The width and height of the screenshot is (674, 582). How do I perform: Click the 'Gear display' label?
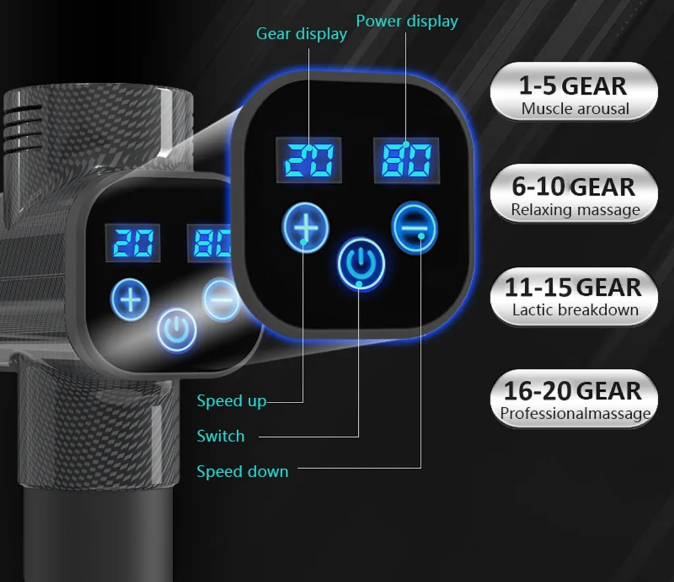tap(301, 34)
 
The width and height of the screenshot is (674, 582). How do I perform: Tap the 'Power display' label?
tap(407, 22)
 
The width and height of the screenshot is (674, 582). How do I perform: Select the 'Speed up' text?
tap(231, 400)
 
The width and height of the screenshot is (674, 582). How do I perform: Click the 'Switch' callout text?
tap(220, 436)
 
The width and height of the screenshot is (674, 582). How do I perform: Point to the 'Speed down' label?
tap(242, 472)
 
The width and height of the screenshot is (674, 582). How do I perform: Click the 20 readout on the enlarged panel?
tap(309, 160)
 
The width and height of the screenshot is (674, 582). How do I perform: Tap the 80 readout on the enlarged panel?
tap(406, 160)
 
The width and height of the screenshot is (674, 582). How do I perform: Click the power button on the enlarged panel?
tap(361, 264)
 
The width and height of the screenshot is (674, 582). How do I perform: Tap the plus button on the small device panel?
tap(130, 299)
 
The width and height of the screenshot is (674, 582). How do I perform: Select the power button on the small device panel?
tap(176, 330)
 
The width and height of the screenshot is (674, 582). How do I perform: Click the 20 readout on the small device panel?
tap(133, 243)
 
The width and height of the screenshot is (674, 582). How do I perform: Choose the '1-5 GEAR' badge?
tap(574, 91)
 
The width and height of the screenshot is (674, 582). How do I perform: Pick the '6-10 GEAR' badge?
tap(574, 193)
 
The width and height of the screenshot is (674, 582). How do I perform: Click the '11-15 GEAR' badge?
tap(574, 297)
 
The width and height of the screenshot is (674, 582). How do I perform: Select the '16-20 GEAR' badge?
tap(574, 399)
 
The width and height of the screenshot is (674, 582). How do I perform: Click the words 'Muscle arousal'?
tap(575, 109)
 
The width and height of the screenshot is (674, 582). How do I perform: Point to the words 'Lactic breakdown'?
tap(575, 310)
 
